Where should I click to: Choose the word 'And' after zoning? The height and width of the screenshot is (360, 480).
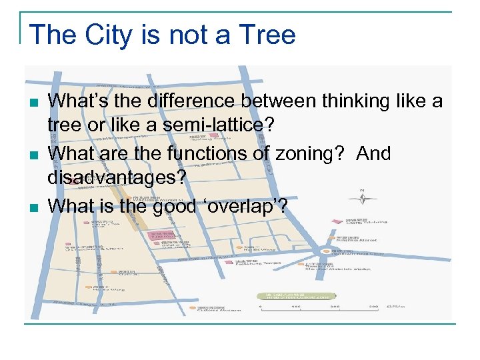[x=374, y=153]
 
